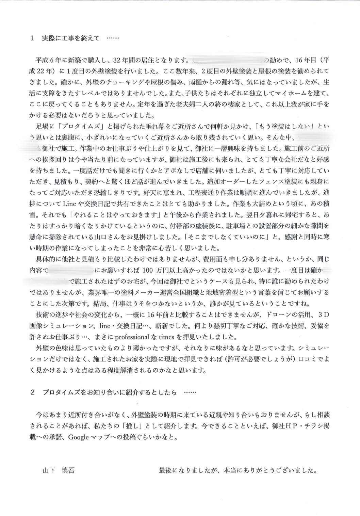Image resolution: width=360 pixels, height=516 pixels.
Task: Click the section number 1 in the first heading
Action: pos(32,38)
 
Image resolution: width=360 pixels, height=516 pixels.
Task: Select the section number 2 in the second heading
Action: pos(32,392)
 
